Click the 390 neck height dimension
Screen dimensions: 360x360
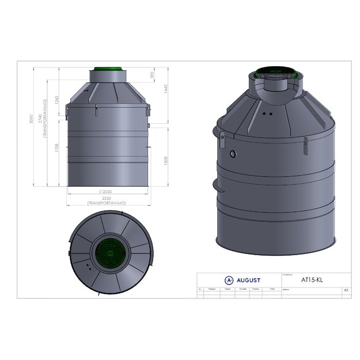153,75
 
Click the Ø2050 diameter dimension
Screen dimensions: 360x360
105,191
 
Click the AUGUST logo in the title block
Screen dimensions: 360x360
242,280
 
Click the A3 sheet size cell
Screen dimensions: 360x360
346,291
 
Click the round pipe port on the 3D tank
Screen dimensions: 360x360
232,154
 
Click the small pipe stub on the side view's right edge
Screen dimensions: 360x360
149,124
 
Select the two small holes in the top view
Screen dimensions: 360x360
87,266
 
